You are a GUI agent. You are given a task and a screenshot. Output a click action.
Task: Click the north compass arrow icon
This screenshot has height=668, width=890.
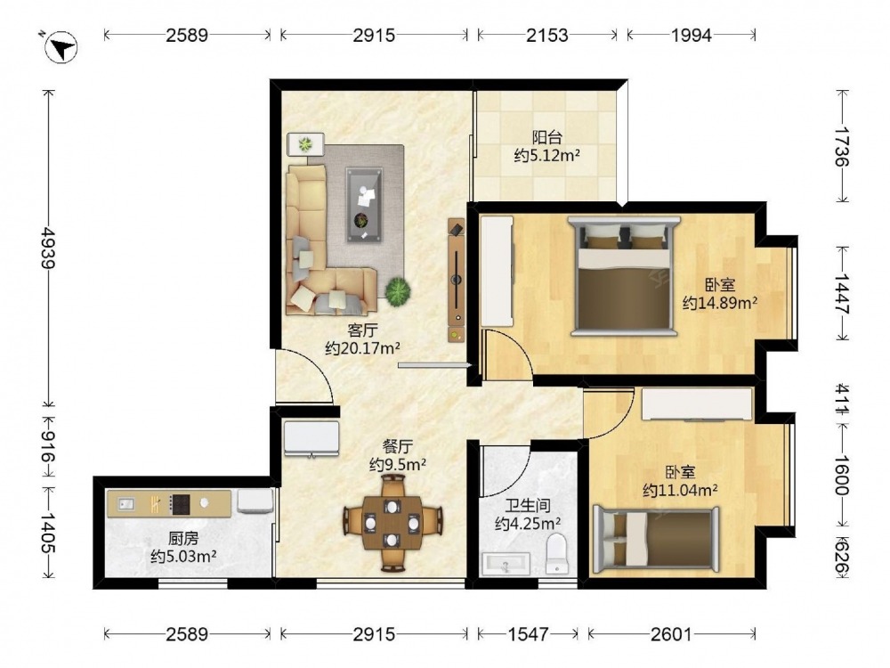(x=61, y=46)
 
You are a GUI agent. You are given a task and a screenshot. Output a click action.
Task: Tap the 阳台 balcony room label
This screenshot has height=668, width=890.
(x=547, y=137)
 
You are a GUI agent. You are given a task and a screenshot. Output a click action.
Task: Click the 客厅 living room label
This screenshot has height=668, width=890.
(x=363, y=330)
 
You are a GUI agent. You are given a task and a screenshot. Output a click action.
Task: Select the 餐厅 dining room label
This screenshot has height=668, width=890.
(x=397, y=446)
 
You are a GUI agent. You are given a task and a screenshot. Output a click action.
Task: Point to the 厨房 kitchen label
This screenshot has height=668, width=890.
(x=182, y=538)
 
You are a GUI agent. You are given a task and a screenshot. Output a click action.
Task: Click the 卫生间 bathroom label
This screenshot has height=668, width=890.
(x=528, y=505)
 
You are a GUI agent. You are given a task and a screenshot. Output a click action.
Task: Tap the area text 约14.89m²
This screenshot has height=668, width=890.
(x=720, y=303)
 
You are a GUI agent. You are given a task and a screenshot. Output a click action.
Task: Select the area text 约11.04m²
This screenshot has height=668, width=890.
(x=680, y=490)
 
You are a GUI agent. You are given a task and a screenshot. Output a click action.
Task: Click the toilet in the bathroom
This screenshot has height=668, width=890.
(x=555, y=553)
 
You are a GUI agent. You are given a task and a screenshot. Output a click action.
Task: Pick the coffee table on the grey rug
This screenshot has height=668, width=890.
(x=364, y=205)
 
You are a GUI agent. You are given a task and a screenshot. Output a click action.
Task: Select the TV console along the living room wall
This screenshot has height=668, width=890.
(x=457, y=280)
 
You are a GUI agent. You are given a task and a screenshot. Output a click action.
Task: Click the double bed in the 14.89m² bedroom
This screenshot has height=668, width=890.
(x=624, y=275)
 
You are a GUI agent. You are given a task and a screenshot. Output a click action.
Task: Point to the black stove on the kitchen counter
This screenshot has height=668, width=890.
(x=181, y=503)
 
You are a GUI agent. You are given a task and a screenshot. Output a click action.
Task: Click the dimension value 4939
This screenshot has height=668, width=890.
(x=50, y=248)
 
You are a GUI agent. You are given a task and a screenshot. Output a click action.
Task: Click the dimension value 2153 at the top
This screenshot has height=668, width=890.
(x=546, y=36)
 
